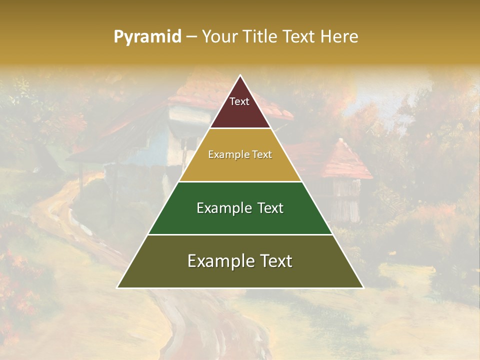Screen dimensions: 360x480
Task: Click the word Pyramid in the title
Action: pos(147,37)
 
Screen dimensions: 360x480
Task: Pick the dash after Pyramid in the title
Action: pos(191,37)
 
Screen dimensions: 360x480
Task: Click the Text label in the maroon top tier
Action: pos(239,101)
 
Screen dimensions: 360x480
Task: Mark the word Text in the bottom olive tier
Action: pos(274,261)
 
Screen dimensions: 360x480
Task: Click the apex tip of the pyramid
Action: pos(240,76)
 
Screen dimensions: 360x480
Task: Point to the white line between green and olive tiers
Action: pos(240,234)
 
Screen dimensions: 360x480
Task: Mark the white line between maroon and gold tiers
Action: pos(240,128)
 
